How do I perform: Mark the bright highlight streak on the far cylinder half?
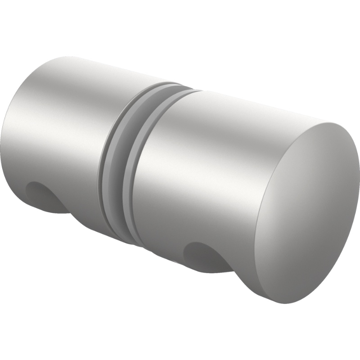[x=58, y=112]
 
